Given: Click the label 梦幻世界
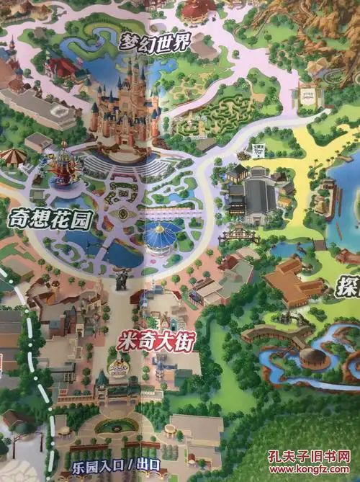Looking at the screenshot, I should pos(156,42).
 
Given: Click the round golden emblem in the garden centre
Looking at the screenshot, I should pos(123,213).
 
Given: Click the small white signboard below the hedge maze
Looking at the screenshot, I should pos(257,152).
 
